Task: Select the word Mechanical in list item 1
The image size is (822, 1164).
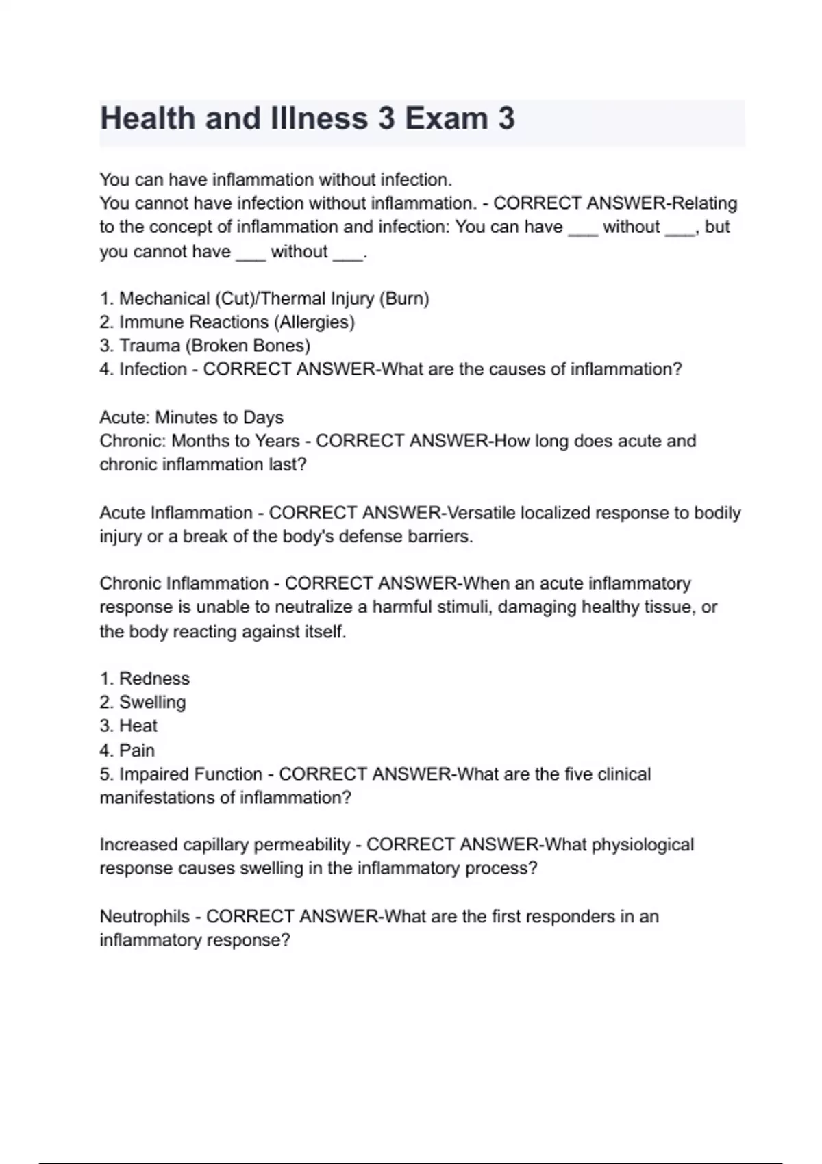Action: point(164,299)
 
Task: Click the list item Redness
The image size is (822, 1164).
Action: point(154,679)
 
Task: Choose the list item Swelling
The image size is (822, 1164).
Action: point(152,703)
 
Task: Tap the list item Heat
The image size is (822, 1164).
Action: point(138,726)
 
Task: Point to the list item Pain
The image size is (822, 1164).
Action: point(137,750)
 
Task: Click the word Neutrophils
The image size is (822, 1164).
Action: point(145,917)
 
